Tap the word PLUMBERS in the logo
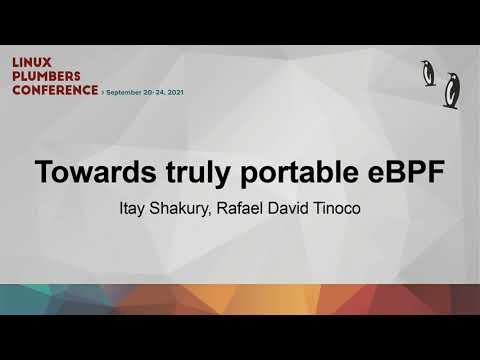pyautogui.click(x=45, y=75)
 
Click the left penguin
pyautogui.click(x=429, y=73)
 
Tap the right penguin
pyautogui.click(x=452, y=89)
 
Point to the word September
pyautogui.click(x=127, y=90)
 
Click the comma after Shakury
pyautogui.click(x=228, y=216)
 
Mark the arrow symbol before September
pyautogui.click(x=103, y=90)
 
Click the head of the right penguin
pyautogui.click(x=450, y=77)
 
